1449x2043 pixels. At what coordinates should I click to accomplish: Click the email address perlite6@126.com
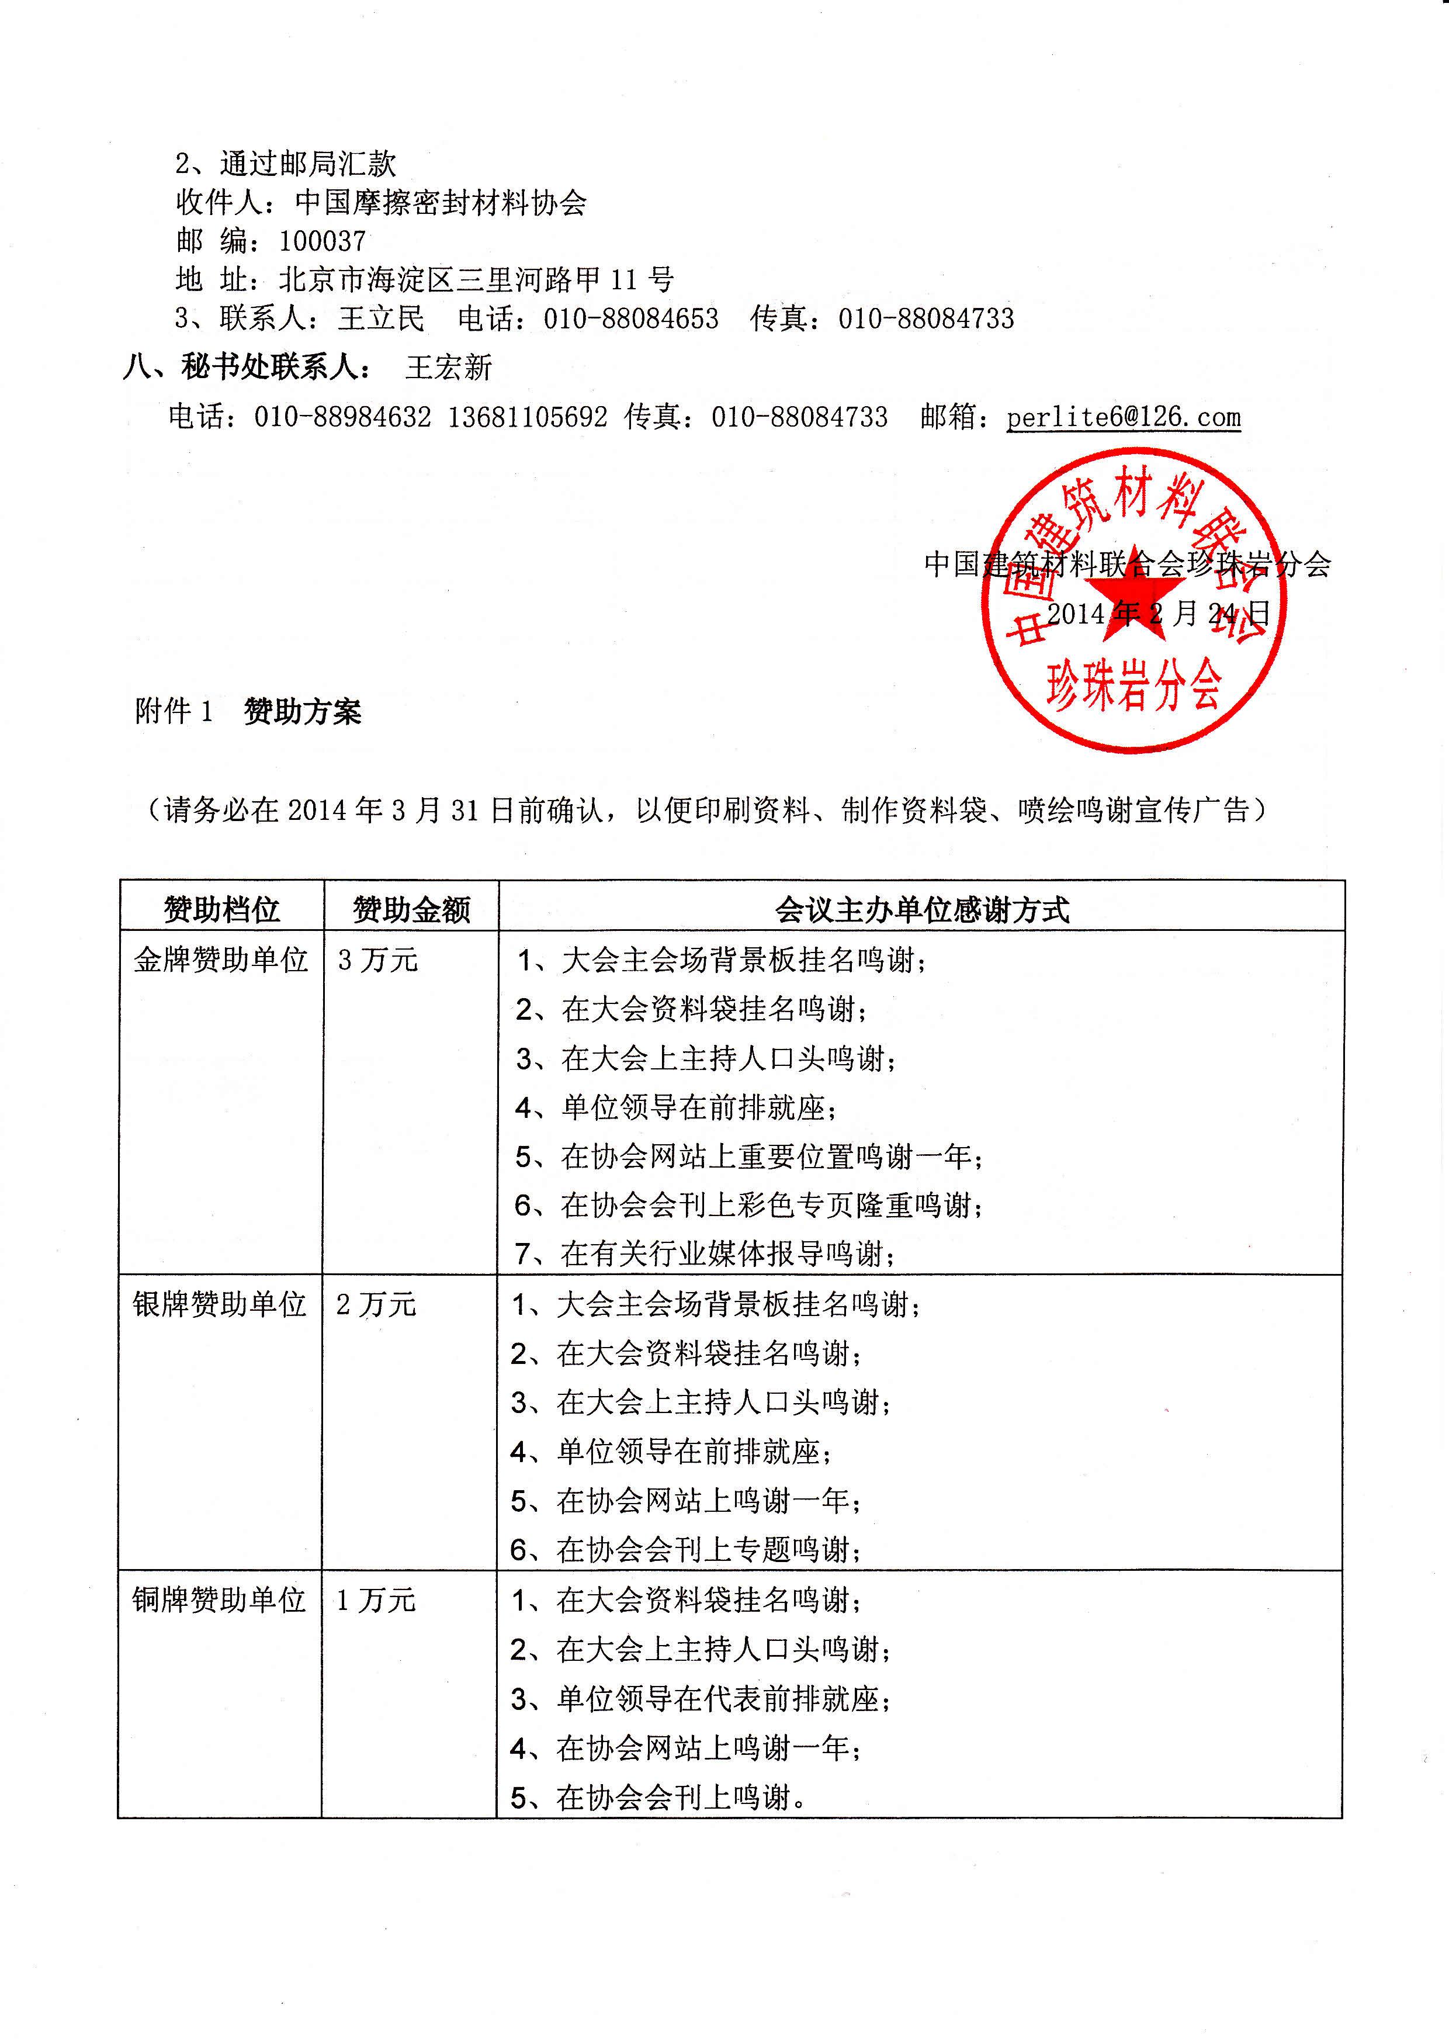tap(1124, 417)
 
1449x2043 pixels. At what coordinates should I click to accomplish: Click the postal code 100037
tap(322, 241)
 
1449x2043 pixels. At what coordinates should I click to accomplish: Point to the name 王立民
tap(381, 318)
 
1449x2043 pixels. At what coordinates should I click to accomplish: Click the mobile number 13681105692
tap(528, 417)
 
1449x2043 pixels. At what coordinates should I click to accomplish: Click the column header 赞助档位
tap(221, 909)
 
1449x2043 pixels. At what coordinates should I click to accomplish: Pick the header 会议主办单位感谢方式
tap(921, 909)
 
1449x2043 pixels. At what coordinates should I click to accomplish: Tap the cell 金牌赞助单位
tap(220, 960)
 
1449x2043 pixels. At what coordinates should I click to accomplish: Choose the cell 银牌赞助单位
tap(220, 1304)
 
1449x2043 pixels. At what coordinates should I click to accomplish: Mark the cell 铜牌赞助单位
tap(220, 1599)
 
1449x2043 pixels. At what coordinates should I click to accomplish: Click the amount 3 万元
tap(377, 960)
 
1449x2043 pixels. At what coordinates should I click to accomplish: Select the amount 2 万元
tap(376, 1304)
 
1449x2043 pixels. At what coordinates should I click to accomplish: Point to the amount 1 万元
tap(376, 1599)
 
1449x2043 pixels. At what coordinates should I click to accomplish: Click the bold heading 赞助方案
tap(303, 712)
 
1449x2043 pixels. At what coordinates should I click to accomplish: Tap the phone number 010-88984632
tap(342, 417)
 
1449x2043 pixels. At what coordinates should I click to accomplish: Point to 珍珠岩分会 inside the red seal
tap(1133, 685)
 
